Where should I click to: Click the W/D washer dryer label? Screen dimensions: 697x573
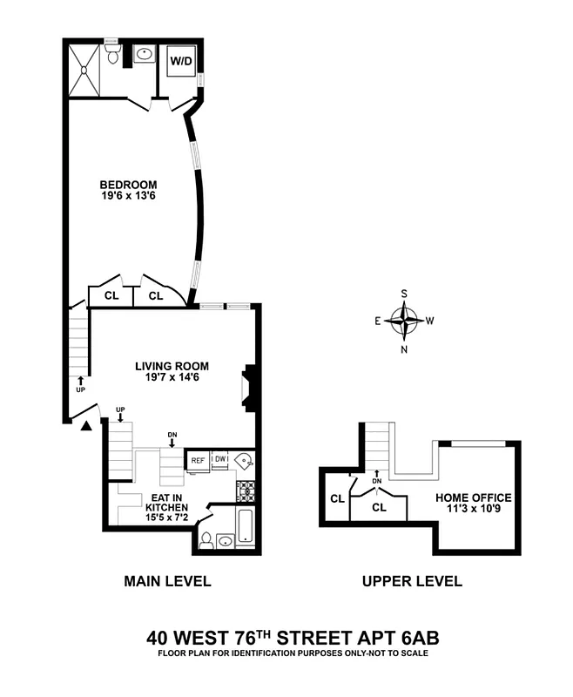(x=181, y=62)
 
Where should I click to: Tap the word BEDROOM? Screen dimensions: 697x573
(x=128, y=185)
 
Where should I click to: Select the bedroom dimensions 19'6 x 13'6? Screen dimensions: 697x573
(x=128, y=197)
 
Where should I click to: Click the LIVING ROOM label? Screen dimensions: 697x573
(x=172, y=366)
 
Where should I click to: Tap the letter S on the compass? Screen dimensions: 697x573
(x=404, y=294)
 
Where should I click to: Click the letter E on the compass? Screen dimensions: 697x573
(x=379, y=321)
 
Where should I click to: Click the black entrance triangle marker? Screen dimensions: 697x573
(x=85, y=425)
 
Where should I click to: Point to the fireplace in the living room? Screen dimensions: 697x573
(x=248, y=388)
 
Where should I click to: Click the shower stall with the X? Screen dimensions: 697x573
(x=86, y=67)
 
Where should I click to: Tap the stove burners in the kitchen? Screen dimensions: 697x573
(x=246, y=490)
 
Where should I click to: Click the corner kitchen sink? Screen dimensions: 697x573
(x=246, y=461)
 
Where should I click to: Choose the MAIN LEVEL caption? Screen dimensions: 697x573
(x=167, y=582)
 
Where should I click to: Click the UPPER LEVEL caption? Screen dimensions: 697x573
(x=412, y=582)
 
